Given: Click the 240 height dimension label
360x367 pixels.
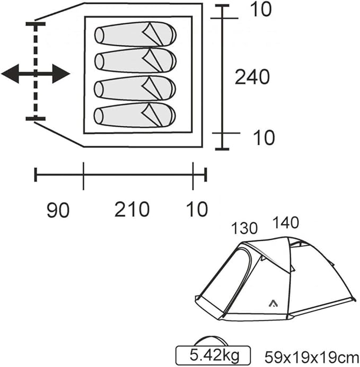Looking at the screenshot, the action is [x=252, y=77].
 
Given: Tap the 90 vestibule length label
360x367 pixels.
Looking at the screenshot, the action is [x=58, y=209].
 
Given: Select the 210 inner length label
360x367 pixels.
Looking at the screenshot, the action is [x=132, y=209].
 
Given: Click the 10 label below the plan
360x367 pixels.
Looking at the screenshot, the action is [x=197, y=209].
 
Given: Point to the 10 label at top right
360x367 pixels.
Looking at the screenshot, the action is [x=260, y=10].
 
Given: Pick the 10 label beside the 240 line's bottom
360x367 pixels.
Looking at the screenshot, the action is [x=264, y=138].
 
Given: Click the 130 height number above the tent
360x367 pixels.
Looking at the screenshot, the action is [x=244, y=228].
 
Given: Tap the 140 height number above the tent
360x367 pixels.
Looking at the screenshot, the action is [x=286, y=222].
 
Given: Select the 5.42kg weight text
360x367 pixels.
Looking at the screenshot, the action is [x=215, y=355].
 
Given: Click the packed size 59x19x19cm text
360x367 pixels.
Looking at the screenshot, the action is [x=312, y=357].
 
